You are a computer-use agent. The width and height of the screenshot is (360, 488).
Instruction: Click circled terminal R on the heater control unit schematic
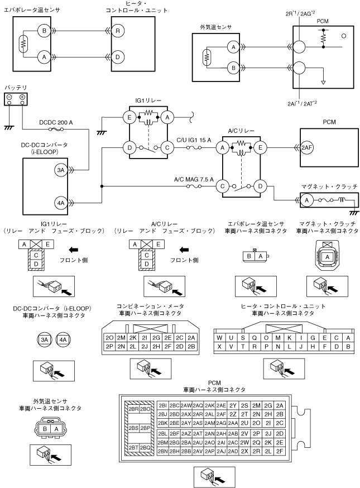click(118, 31)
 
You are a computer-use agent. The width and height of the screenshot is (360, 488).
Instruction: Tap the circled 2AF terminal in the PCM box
click(306, 148)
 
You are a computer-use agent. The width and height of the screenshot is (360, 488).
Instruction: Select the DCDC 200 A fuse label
click(56, 122)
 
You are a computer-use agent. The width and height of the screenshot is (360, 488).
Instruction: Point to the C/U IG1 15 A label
click(194, 140)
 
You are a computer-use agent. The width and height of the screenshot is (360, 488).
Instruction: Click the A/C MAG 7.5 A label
click(194, 180)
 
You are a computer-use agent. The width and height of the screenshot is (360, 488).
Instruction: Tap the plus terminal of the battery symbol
click(22, 97)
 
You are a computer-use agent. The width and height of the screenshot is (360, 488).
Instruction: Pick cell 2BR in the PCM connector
click(133, 409)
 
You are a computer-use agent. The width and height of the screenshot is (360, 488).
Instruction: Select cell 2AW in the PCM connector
click(186, 405)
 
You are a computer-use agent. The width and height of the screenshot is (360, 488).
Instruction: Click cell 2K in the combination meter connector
click(133, 338)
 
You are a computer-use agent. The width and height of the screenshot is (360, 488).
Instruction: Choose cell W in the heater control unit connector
click(219, 338)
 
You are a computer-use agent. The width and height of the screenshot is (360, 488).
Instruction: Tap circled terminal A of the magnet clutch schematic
click(307, 200)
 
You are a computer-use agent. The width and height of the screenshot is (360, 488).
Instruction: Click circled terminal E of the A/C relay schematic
click(260, 148)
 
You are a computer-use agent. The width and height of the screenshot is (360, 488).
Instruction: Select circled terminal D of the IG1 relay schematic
click(129, 148)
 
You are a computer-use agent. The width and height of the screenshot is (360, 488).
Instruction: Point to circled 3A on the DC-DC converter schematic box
click(61, 170)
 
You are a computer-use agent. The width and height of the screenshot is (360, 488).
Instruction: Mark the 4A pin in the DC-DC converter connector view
click(63, 339)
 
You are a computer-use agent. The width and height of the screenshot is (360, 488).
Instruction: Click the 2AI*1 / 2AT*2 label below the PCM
click(302, 103)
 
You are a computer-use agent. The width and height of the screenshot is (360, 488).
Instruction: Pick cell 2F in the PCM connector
click(280, 451)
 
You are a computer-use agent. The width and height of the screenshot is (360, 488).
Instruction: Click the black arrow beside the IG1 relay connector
click(74, 250)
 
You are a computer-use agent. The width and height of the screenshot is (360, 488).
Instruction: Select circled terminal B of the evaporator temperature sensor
click(44, 31)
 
